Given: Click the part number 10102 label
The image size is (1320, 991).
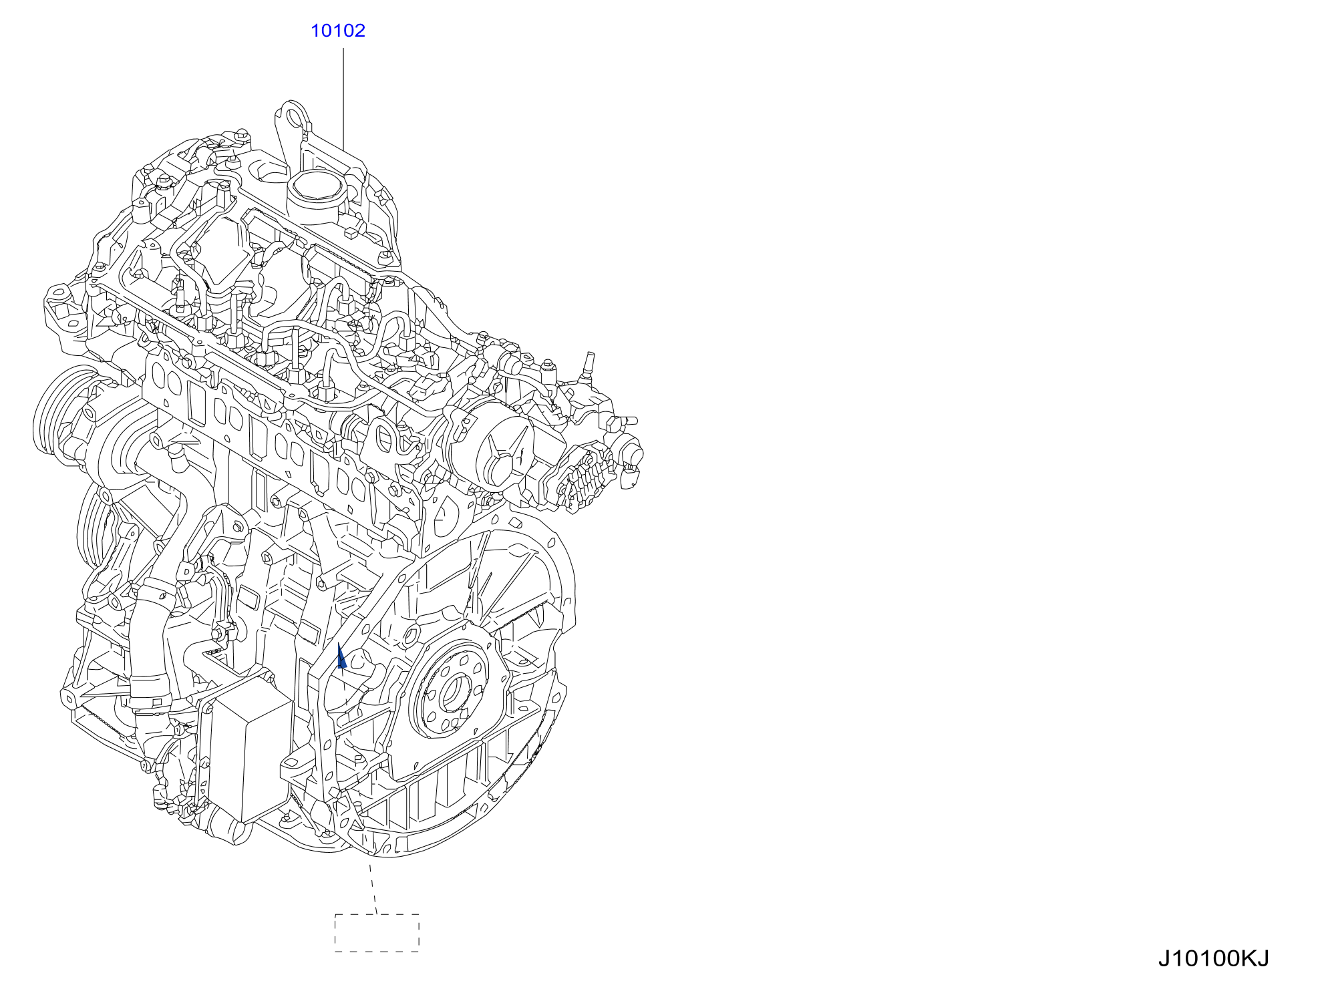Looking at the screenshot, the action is pos(338,31).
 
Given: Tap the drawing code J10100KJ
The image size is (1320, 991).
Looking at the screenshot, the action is pos(1213,958).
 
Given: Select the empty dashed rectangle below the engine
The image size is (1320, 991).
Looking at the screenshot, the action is pos(377,932).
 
